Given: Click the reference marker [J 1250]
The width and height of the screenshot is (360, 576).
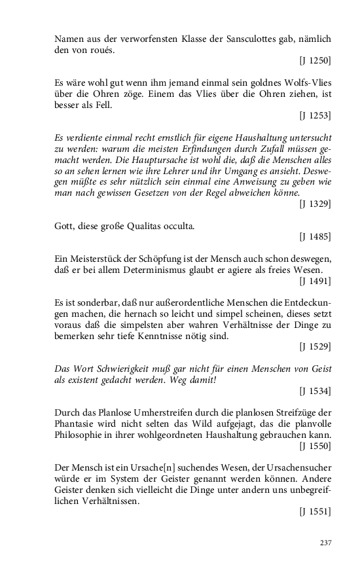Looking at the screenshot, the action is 315,61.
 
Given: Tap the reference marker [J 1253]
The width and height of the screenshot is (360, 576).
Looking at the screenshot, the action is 315,116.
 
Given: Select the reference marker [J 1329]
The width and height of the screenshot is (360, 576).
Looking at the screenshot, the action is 315,204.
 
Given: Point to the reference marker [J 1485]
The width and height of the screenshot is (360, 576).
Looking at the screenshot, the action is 315,236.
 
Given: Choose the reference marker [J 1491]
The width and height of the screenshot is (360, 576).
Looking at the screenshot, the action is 315,281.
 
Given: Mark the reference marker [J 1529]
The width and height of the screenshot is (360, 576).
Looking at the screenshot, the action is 315,346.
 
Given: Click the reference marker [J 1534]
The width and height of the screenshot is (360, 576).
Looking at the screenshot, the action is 315,391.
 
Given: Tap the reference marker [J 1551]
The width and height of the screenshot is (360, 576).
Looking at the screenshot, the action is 315,512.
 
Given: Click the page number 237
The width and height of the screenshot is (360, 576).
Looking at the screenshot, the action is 325,543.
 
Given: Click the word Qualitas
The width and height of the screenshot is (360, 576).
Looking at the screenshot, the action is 159,225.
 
